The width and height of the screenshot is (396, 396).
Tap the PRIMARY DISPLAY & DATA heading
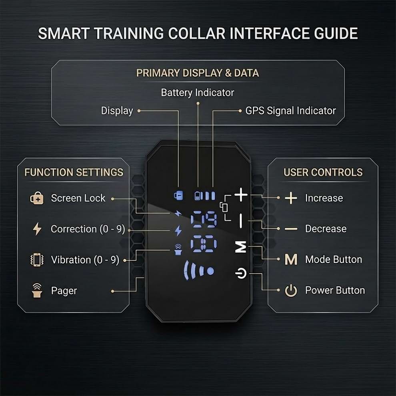(x=198, y=73)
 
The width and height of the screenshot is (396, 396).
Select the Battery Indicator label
(x=198, y=93)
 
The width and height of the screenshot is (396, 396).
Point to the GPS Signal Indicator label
(x=290, y=111)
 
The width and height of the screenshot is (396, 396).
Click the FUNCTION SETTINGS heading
(x=74, y=172)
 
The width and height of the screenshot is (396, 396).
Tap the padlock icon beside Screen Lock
(x=37, y=198)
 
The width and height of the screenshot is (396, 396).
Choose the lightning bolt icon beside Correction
(x=37, y=229)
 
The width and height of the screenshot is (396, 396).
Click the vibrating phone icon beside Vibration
(x=37, y=260)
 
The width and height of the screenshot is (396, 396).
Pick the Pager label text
(x=64, y=291)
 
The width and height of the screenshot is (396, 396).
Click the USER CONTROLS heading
(x=323, y=172)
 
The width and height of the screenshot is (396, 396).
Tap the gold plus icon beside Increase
(x=291, y=198)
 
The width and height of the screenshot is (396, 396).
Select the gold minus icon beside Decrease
(x=291, y=229)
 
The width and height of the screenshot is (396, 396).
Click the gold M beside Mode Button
(x=291, y=260)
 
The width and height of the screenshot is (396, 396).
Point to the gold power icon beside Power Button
(x=291, y=291)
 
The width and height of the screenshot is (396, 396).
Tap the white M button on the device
(x=240, y=248)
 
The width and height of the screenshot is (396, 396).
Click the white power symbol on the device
(x=240, y=274)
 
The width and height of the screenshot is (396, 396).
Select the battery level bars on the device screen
(x=205, y=196)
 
